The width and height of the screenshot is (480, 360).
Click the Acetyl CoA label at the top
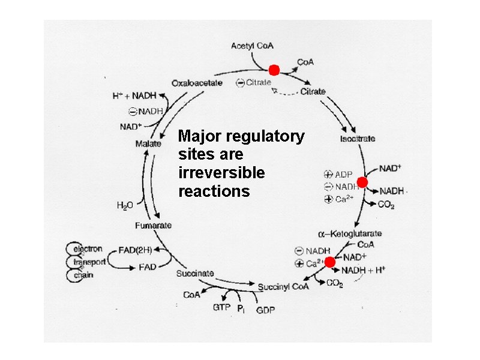(253, 46)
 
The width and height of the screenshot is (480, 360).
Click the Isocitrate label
(358, 139)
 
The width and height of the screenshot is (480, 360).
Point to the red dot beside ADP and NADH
(362, 182)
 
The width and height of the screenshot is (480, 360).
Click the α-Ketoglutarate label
(350, 233)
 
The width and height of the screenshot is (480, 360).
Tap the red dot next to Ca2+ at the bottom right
(329, 262)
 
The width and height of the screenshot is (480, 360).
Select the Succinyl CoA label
(284, 287)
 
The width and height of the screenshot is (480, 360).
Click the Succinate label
(195, 274)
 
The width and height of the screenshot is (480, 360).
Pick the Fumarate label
(153, 226)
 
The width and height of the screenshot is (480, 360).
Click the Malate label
(148, 143)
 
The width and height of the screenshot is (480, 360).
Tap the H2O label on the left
(124, 206)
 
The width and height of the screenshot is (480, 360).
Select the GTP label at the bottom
(221, 308)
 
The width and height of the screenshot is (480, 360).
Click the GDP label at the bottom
(266, 310)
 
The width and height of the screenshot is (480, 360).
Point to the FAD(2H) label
(135, 248)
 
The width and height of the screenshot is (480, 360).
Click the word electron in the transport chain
(88, 248)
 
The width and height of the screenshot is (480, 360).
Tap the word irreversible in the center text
(221, 173)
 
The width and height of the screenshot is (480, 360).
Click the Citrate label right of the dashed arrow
(313, 92)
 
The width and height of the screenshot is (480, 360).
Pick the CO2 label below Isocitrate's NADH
(386, 205)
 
